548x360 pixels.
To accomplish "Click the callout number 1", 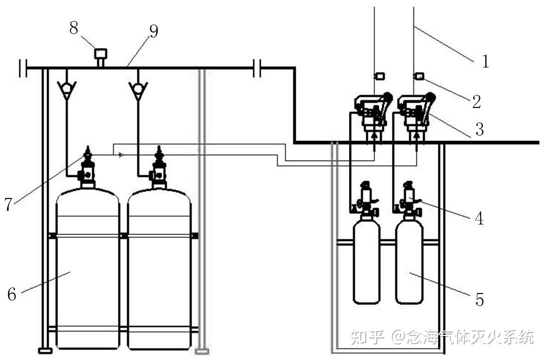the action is click(x=485, y=61).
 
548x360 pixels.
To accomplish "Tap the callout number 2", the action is click(x=476, y=101).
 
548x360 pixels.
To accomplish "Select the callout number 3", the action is click(x=479, y=129).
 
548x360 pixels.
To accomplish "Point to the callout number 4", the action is click(x=479, y=218).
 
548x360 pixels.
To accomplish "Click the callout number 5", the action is click(x=479, y=299).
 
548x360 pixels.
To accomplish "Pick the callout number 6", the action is click(x=12, y=294).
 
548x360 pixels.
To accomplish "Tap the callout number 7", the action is click(x=9, y=204).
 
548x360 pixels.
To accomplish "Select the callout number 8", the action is click(x=74, y=27).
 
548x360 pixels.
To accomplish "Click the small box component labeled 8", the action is click(x=101, y=54).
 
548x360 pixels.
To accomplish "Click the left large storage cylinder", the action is click(x=88, y=268).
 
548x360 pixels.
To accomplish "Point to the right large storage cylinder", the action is click(x=159, y=268).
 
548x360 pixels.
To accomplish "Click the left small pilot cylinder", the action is click(x=367, y=260).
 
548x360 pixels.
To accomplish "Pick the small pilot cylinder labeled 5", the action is click(x=409, y=260).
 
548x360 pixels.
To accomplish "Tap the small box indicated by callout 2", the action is click(x=419, y=76).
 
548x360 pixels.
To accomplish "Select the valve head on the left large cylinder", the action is click(x=88, y=167).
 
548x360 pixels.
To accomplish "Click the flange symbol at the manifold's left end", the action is click(x=23, y=67).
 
